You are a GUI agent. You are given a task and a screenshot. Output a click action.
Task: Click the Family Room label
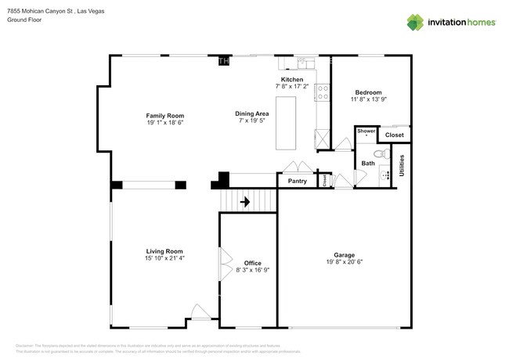tap(164, 116)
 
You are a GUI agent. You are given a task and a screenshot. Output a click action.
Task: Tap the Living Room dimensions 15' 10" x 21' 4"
tap(164, 257)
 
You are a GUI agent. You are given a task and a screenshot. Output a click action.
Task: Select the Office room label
tap(252, 263)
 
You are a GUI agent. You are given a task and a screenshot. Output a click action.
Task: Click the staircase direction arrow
tap(244, 202)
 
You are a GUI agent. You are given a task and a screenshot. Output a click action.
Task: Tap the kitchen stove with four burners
tap(322, 92)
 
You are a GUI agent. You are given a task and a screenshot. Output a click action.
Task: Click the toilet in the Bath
tap(379, 154)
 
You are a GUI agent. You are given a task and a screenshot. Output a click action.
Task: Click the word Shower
tap(366, 131)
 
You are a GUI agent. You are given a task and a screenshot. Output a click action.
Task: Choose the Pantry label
tap(298, 181)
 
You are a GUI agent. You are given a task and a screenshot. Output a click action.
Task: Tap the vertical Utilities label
tap(402, 164)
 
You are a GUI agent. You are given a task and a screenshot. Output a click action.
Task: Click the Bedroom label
tap(368, 92)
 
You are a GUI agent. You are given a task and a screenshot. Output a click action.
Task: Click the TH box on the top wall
tap(224, 60)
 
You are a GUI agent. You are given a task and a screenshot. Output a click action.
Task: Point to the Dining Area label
tap(252, 114)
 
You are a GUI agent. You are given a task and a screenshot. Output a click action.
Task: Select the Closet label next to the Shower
tap(394, 135)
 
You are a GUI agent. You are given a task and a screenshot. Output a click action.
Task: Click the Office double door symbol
tap(224, 259)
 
